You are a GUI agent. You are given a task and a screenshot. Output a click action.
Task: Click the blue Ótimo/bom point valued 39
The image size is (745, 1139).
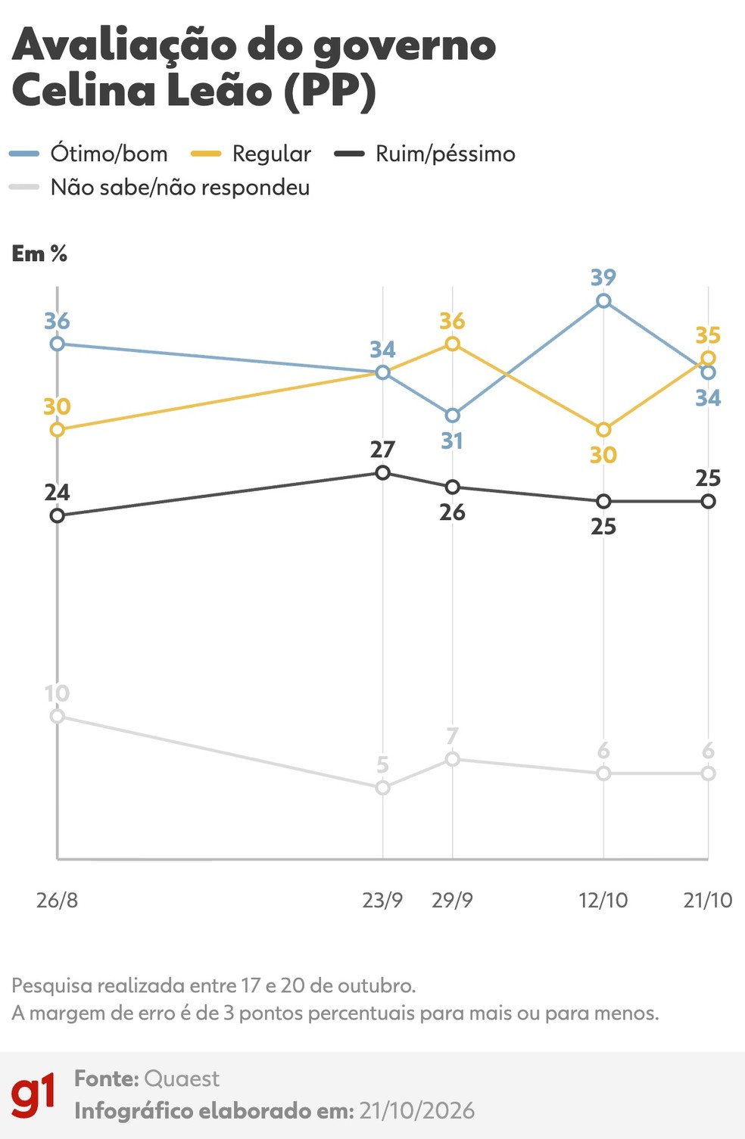pyautogui.click(x=603, y=301)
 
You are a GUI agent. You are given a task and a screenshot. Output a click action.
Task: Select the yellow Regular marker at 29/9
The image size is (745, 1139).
pyautogui.click(x=452, y=344)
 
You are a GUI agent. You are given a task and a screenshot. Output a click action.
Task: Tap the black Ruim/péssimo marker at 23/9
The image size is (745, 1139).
pyautogui.click(x=382, y=473)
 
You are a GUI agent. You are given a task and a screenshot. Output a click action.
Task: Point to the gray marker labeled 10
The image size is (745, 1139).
pyautogui.click(x=58, y=716)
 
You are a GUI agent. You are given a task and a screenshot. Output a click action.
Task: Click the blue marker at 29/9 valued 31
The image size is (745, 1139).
pyautogui.click(x=452, y=415)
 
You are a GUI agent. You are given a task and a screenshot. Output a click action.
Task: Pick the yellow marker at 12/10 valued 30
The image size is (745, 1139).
pyautogui.click(x=603, y=430)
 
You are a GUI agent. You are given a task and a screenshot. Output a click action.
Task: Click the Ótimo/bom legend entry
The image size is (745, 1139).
pyautogui.click(x=89, y=154)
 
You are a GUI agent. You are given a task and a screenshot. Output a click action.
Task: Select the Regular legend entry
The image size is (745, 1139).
pyautogui.click(x=251, y=154)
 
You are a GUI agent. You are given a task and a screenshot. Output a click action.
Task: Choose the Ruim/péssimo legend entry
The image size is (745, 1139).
pyautogui.click(x=425, y=154)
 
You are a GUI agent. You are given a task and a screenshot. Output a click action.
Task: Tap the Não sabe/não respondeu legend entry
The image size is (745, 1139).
pyautogui.click(x=160, y=187)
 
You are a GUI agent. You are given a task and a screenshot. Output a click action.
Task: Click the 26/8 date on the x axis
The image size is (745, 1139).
pyautogui.click(x=57, y=900)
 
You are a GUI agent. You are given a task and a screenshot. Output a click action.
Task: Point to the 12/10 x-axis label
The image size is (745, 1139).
pyautogui.click(x=603, y=900)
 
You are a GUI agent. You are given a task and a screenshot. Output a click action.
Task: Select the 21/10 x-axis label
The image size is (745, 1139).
pyautogui.click(x=708, y=900)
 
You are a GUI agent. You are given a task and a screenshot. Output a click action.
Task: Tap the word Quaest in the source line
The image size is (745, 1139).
pyautogui.click(x=182, y=1078)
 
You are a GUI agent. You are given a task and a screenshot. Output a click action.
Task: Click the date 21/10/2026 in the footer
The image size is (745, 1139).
pyautogui.click(x=417, y=1110)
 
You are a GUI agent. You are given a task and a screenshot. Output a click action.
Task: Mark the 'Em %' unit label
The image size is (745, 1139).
pyautogui.click(x=39, y=254)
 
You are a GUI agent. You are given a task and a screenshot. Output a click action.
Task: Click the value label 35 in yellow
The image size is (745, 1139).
pyautogui.click(x=708, y=335)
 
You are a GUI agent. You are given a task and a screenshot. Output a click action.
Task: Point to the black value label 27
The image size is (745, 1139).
pyautogui.click(x=382, y=450)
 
